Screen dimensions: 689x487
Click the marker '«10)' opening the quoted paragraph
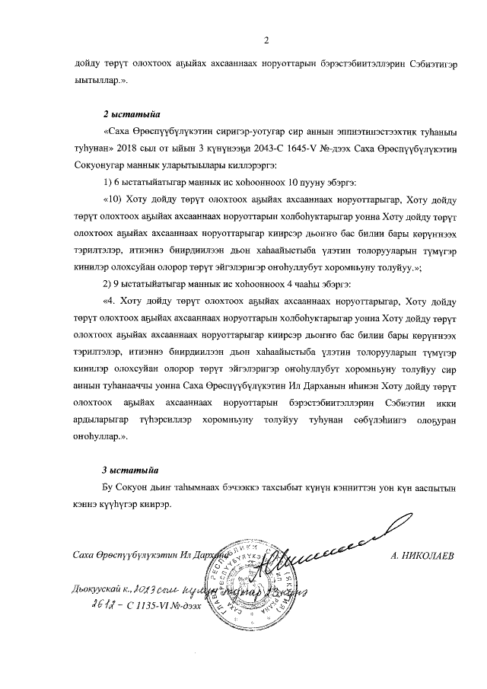pos(113,200)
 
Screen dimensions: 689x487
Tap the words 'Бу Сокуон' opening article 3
pos(127,487)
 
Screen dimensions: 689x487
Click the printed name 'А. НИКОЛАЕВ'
pos(421,557)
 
